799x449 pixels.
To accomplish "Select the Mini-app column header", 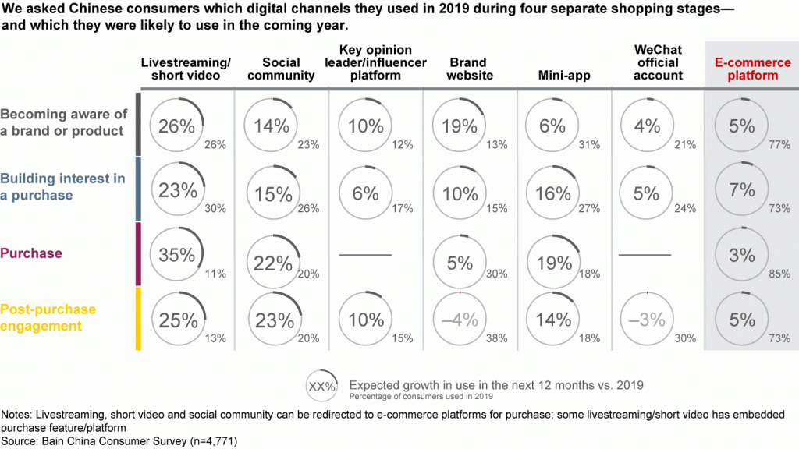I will coord(563,76).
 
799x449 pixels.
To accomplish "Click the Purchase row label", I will coord(32,253).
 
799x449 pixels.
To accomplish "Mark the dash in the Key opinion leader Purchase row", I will coord(366,255).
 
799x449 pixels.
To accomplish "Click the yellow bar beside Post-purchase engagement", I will coord(138,318).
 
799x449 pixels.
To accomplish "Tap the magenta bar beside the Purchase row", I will coord(138,254).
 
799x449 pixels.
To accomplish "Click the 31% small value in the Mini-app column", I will coord(591,145).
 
